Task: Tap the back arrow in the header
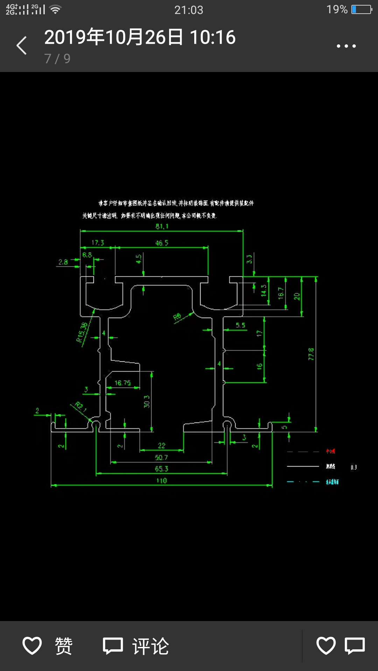click(22, 45)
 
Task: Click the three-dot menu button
click(346, 46)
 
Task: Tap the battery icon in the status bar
click(362, 9)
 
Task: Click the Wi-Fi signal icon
click(55, 9)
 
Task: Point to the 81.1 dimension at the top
click(162, 226)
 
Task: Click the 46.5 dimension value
click(162, 243)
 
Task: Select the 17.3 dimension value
click(98, 243)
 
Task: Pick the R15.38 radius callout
click(82, 332)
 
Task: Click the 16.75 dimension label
click(122, 383)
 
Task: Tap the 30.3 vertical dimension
click(147, 402)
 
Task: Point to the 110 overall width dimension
click(162, 481)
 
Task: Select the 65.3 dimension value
click(162, 469)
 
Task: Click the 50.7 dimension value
click(161, 457)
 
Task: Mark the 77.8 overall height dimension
click(311, 354)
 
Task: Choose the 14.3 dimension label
click(264, 290)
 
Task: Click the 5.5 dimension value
click(240, 325)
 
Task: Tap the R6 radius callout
click(177, 317)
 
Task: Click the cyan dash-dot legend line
click(303, 482)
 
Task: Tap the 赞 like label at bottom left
click(63, 646)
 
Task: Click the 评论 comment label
click(150, 646)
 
